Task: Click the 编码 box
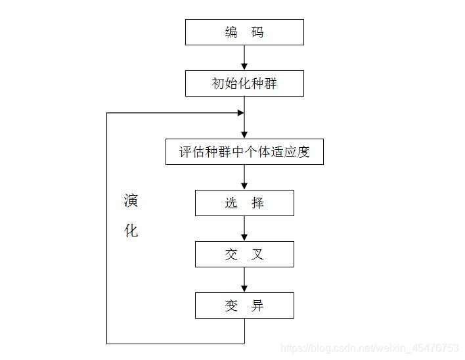pyautogui.click(x=244, y=32)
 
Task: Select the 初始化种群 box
pyautogui.click(x=244, y=84)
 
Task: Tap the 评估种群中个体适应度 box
pyautogui.click(x=244, y=152)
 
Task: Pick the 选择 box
pyautogui.click(x=244, y=203)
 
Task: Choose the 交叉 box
pyautogui.click(x=244, y=254)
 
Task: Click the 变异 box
pyautogui.click(x=244, y=305)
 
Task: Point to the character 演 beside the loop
pyautogui.click(x=131, y=200)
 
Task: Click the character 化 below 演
pyautogui.click(x=131, y=231)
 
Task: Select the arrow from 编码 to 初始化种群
pyautogui.click(x=244, y=58)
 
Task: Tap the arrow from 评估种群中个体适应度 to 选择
pyautogui.click(x=244, y=177)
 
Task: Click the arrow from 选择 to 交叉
pyautogui.click(x=244, y=229)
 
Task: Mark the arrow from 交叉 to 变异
pyautogui.click(x=244, y=280)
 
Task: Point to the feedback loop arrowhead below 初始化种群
pyautogui.click(x=240, y=113)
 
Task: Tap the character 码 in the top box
pyautogui.click(x=257, y=32)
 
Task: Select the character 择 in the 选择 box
pyautogui.click(x=257, y=203)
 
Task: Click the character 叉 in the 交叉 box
pyautogui.click(x=257, y=254)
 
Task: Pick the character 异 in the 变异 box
pyautogui.click(x=257, y=305)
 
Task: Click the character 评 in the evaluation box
pyautogui.click(x=186, y=152)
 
